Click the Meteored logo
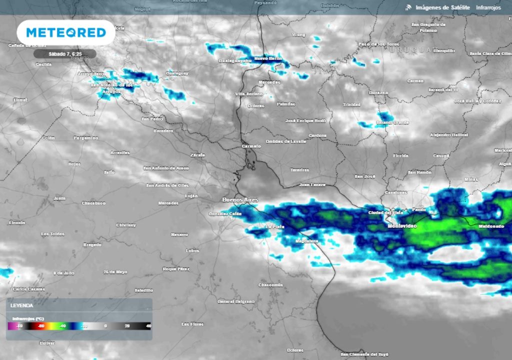coord(66,32)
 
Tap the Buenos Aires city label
coord(240,200)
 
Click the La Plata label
coord(275,226)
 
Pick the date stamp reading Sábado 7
coord(64,53)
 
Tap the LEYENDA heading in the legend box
coord(22,305)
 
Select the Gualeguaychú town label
coord(234,60)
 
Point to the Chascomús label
coord(270,284)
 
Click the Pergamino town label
coord(86,137)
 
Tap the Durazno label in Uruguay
coord(378,92)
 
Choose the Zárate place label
coord(197,155)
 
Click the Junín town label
coord(59,198)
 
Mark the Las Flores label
coord(192,324)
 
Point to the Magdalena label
coord(306,241)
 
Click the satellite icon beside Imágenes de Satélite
coord(408,7)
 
